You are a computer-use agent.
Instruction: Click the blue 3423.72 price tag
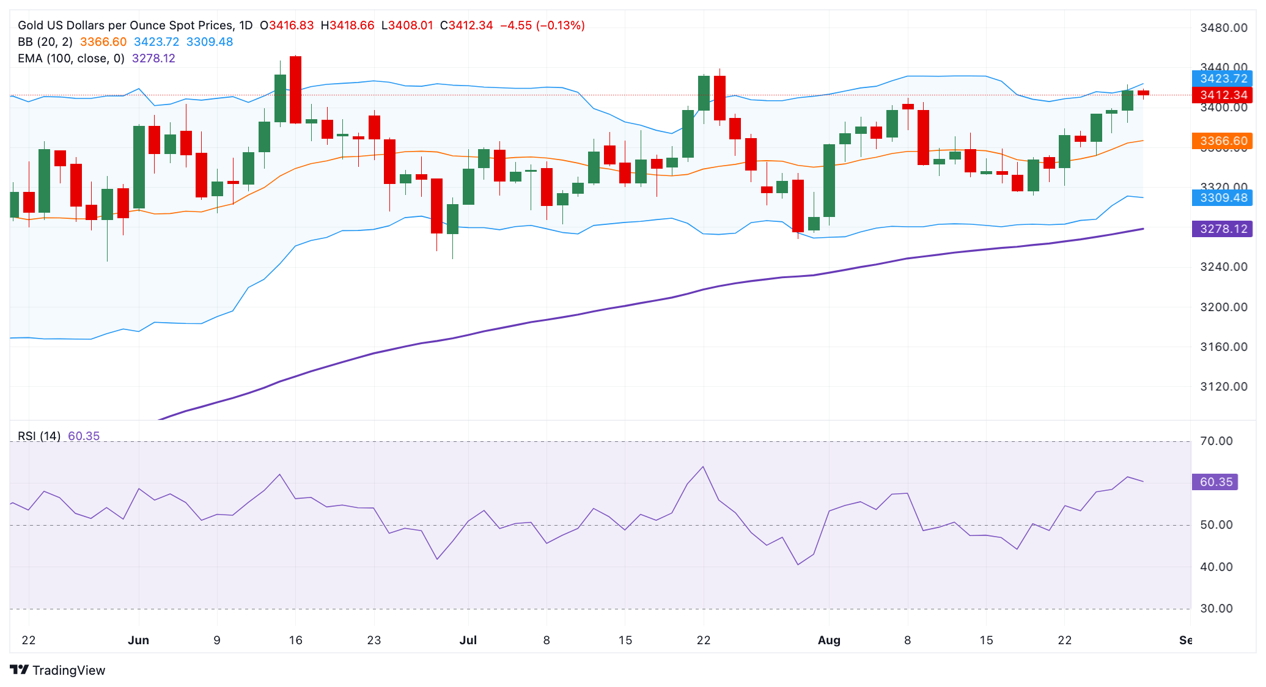1222,78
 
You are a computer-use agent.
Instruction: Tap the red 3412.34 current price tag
1222,95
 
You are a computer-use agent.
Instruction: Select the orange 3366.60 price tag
1222,141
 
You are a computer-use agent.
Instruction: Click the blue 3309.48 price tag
1222,197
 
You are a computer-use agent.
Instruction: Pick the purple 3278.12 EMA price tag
1222,229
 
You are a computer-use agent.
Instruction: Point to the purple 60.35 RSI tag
1215,482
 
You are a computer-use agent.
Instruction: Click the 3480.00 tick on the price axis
1223,28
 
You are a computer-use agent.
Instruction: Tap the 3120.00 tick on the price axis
1223,386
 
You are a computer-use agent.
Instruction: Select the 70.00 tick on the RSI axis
1216,441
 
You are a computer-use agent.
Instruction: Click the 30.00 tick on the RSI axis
1216,608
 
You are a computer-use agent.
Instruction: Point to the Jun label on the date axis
139,640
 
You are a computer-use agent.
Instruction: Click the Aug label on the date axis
829,640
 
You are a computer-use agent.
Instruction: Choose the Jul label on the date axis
468,640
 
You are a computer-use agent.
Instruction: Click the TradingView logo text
68,670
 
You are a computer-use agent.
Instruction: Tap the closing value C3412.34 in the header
466,25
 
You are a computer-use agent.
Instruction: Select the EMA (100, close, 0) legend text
71,58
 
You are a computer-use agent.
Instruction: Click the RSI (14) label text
39,436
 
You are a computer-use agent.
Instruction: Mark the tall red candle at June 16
295,90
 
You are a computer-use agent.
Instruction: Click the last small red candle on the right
1143,93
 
